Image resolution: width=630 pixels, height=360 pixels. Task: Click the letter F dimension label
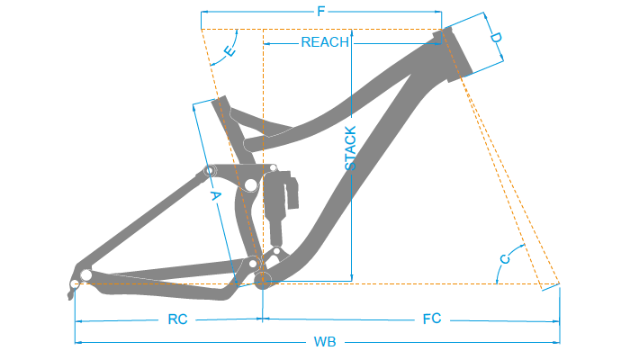click(x=321, y=12)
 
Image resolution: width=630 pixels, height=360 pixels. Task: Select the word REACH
click(x=324, y=42)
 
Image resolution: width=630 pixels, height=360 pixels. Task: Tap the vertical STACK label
click(x=350, y=148)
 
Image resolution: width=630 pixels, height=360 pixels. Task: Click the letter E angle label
click(x=229, y=52)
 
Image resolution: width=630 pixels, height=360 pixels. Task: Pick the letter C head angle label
click(x=505, y=259)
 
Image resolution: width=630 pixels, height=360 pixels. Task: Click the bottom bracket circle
click(x=264, y=280)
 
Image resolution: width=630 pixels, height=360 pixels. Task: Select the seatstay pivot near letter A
click(x=210, y=170)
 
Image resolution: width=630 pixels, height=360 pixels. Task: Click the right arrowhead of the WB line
click(x=558, y=342)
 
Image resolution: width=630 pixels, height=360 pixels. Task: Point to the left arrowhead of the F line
click(x=203, y=12)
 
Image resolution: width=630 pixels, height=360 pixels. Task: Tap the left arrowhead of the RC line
click(x=77, y=319)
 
